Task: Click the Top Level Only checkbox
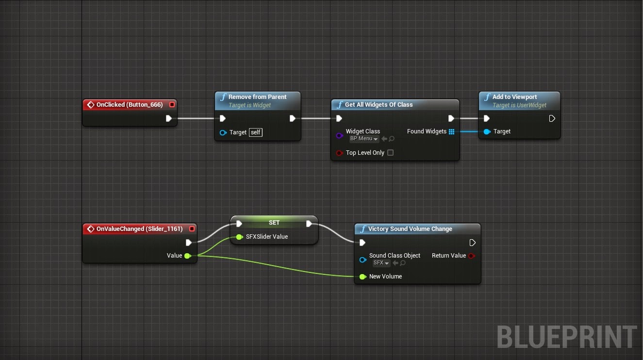(x=390, y=153)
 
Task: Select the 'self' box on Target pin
(x=255, y=132)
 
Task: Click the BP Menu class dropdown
(x=364, y=139)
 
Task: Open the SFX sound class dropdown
(x=381, y=263)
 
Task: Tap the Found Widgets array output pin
(x=451, y=131)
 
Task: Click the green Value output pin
(x=187, y=256)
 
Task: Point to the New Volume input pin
(x=363, y=277)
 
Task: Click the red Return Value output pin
(x=471, y=256)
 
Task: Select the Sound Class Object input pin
(x=363, y=260)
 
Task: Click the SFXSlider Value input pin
(x=239, y=237)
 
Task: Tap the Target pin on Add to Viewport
(x=487, y=131)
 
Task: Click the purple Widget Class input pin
(x=339, y=136)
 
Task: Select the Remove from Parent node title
(x=257, y=97)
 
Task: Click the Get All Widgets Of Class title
(x=379, y=105)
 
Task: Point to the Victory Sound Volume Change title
(x=410, y=229)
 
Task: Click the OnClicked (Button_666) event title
(x=130, y=105)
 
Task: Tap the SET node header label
(x=274, y=223)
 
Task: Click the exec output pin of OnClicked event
(x=169, y=118)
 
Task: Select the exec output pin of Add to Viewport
(x=552, y=118)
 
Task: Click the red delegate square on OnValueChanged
(x=192, y=229)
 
